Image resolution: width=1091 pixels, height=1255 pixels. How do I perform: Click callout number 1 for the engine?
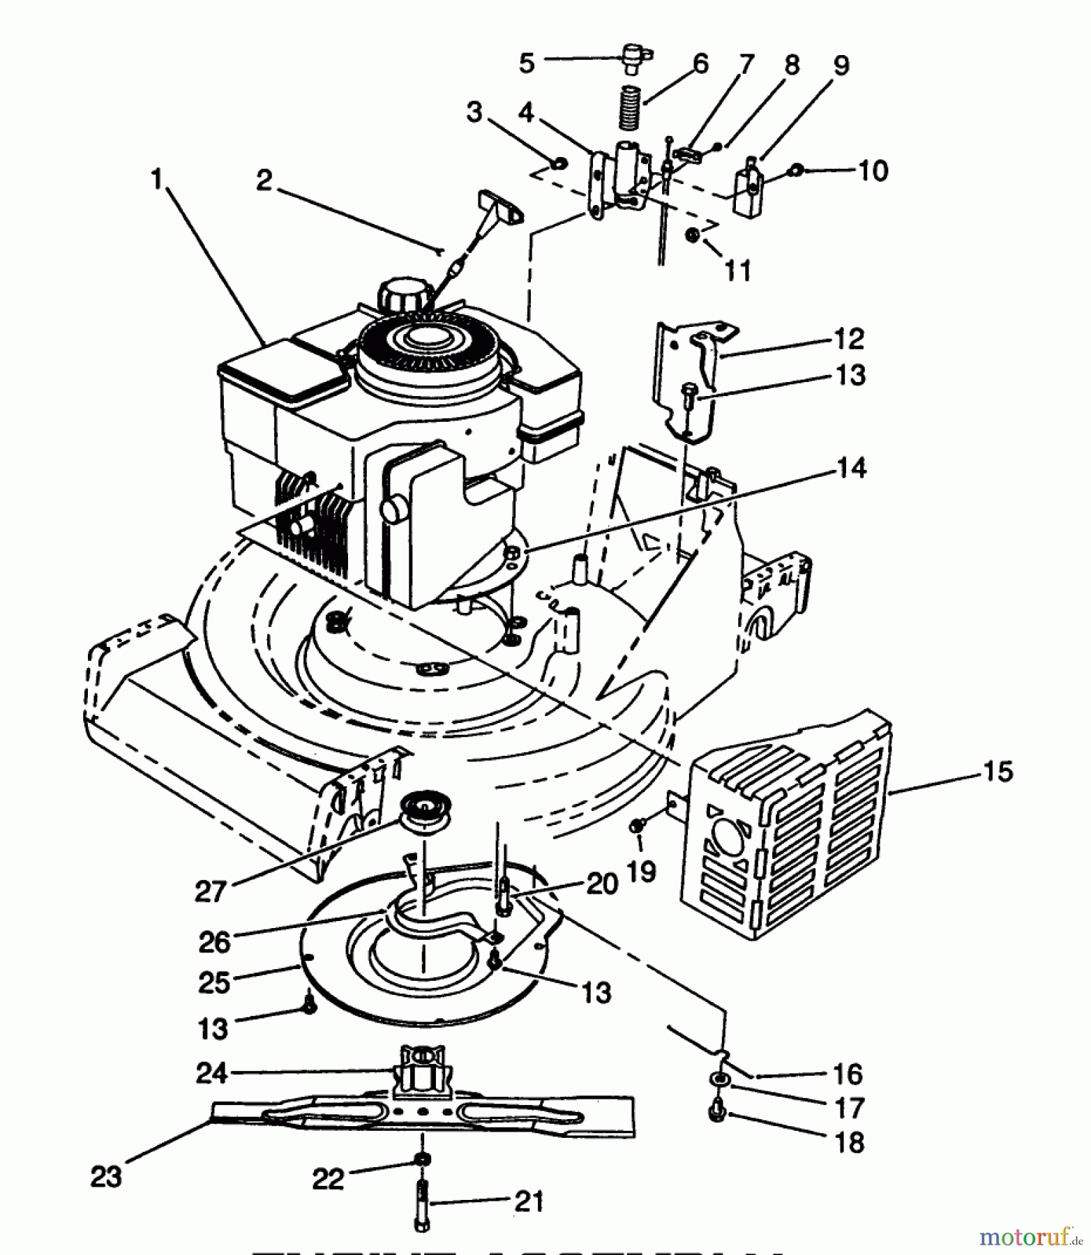[158, 179]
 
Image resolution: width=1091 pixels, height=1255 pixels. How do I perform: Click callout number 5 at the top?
[527, 63]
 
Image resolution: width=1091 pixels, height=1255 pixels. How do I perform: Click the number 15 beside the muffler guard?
[998, 772]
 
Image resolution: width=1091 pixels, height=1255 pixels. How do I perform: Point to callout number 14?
[850, 468]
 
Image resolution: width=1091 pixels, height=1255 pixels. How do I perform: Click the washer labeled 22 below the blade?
[422, 1159]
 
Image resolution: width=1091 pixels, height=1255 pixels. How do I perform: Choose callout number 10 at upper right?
[873, 170]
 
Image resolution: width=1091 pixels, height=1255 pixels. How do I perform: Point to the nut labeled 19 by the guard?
[638, 826]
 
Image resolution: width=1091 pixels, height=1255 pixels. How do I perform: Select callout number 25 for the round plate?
[213, 982]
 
